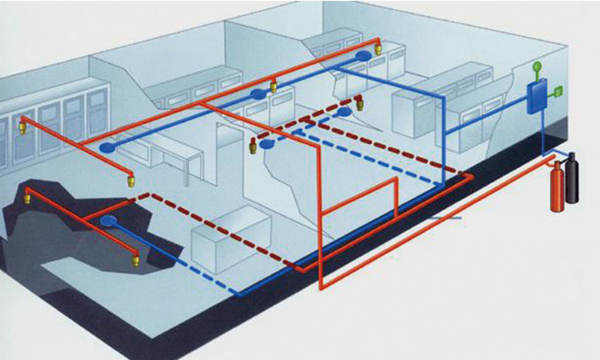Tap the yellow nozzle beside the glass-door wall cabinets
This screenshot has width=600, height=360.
pyautogui.click(x=22, y=124)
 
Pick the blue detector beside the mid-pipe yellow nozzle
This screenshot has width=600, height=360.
pyautogui.click(x=258, y=94)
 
